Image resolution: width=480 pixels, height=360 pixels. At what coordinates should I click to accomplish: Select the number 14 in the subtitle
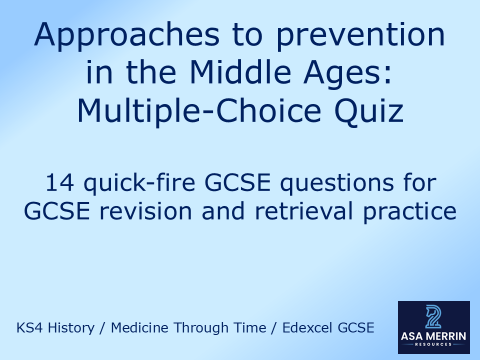[59, 184]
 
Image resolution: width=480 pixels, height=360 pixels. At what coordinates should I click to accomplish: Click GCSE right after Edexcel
[356, 328]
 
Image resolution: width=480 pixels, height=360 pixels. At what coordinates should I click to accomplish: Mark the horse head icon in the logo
[433, 316]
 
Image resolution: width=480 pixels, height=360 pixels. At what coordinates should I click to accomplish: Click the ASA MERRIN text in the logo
[433, 336]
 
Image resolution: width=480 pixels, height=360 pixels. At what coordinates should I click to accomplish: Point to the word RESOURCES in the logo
[433, 344]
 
